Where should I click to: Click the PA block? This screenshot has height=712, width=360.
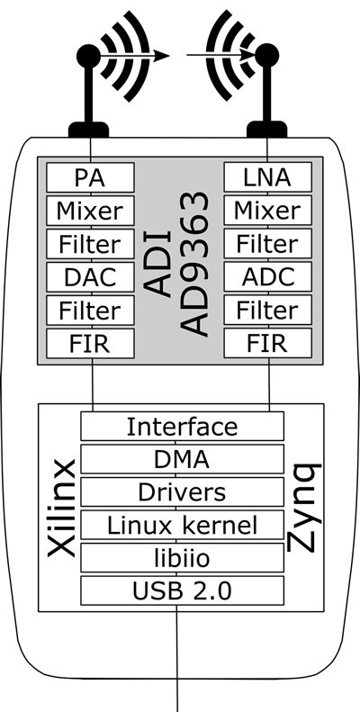coord(90,177)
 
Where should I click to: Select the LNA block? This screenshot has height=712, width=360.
coord(268,177)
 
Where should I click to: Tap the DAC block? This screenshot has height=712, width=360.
coord(90,277)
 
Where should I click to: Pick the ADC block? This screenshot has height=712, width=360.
coord(268,276)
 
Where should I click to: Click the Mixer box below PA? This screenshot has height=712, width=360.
coord(90,211)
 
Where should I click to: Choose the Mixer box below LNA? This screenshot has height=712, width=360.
coord(268,211)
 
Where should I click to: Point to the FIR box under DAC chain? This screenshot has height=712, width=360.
coord(90,344)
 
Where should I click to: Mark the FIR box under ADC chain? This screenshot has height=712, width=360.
coord(268,343)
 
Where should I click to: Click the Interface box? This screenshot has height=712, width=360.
coord(183,426)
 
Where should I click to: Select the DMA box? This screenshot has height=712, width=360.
coord(183,459)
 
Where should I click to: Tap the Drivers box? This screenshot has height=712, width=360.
coord(183,491)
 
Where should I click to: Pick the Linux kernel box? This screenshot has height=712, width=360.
coord(183,525)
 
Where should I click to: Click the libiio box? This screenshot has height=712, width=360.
coord(183,557)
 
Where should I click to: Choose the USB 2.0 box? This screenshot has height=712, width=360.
coord(183,590)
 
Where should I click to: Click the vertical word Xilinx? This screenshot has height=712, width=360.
coord(61,508)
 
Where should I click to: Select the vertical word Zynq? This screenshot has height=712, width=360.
coord(305,507)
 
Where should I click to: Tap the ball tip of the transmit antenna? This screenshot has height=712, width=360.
coord(88,56)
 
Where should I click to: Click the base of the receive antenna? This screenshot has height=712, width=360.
coord(267,130)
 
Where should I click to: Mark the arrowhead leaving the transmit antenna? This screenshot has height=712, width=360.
coord(161,56)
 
